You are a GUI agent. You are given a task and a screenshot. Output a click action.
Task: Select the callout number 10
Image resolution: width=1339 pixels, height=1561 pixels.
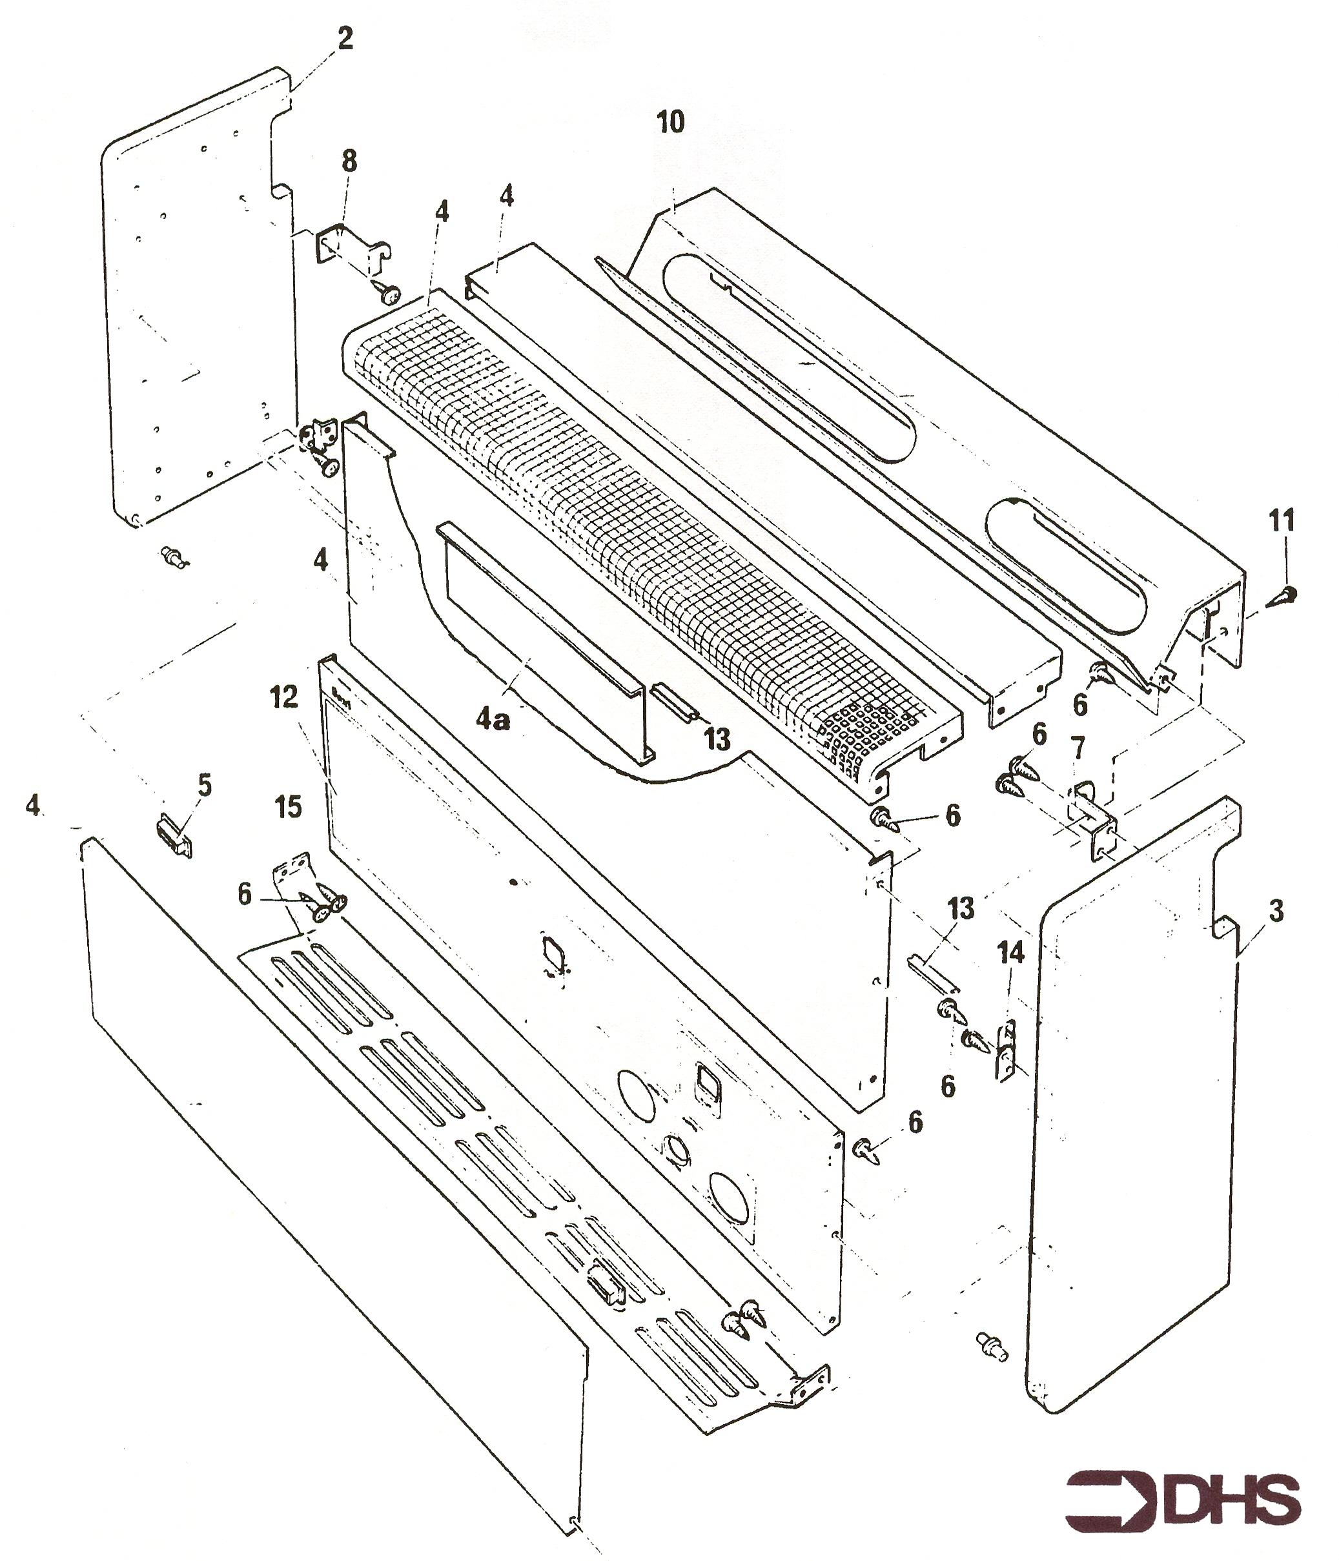(671, 121)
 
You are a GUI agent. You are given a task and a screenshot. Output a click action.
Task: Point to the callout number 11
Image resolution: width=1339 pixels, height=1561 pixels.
(1282, 520)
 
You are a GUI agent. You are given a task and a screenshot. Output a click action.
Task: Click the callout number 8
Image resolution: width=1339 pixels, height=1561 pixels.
(349, 161)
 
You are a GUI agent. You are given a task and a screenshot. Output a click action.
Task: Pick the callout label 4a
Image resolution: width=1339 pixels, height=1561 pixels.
(493, 721)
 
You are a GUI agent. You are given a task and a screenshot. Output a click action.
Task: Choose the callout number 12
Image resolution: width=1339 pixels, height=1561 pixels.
(284, 699)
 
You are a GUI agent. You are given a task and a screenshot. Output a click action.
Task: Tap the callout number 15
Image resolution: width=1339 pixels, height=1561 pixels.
(288, 807)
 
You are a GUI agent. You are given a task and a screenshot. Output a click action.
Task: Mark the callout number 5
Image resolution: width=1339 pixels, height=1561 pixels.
(204, 786)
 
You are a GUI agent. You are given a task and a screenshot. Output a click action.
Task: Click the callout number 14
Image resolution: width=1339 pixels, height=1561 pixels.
(1011, 953)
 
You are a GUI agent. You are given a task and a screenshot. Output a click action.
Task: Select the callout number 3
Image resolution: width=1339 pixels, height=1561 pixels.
(1276, 912)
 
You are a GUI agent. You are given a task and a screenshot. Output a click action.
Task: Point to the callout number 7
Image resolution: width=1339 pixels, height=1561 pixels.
(1078, 748)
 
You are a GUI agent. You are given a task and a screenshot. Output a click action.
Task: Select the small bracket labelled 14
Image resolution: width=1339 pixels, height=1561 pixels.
(1006, 1051)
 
